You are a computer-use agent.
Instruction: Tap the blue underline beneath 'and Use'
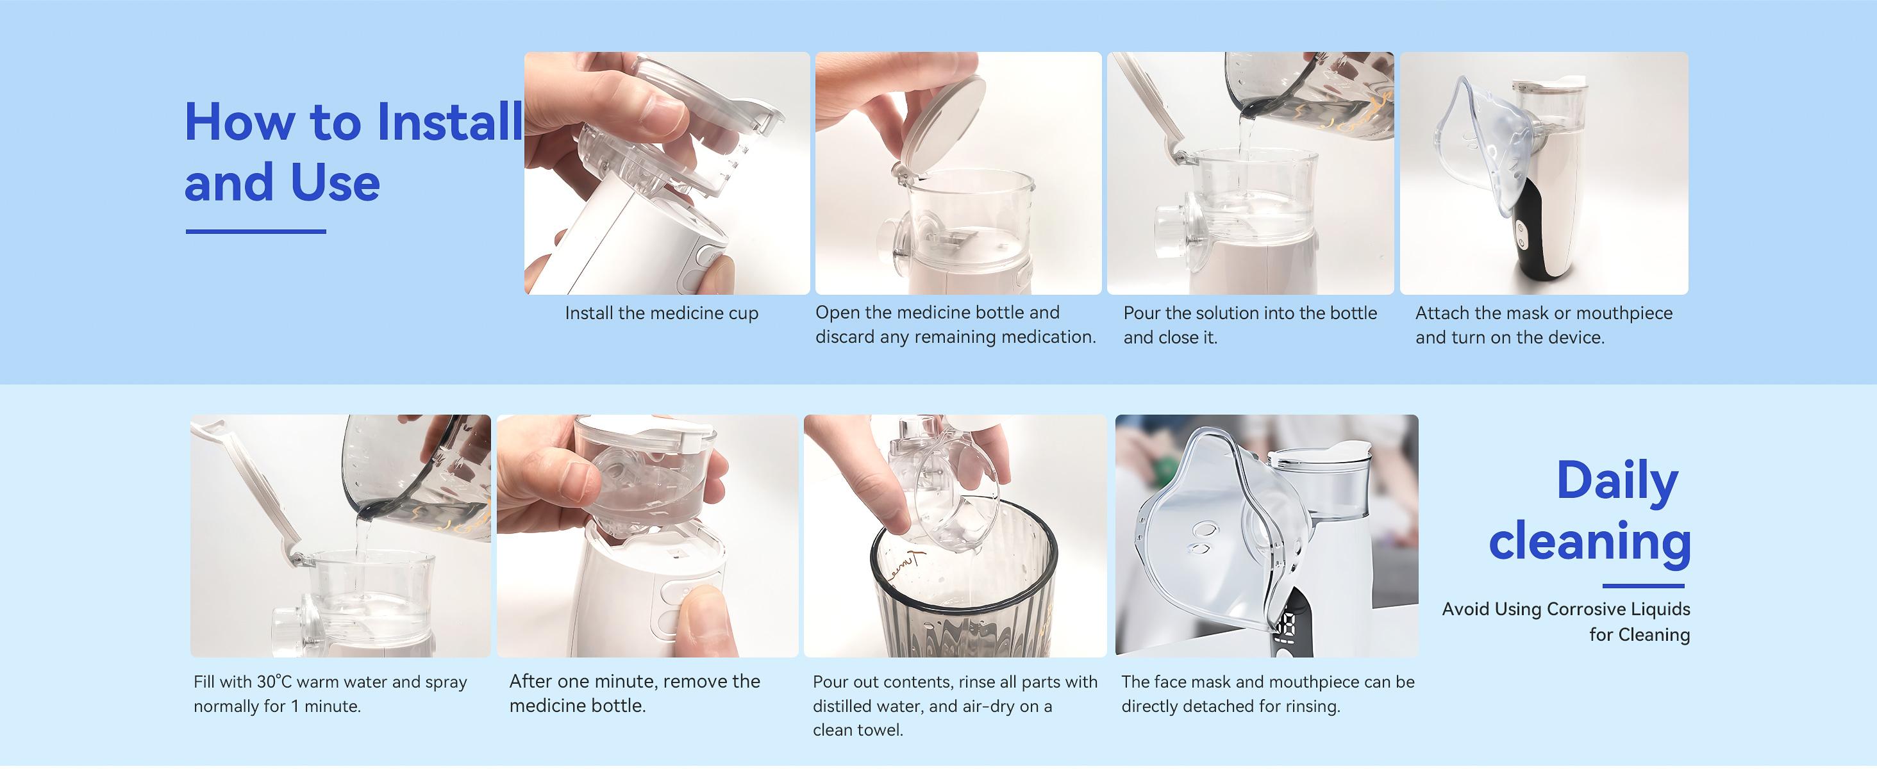(x=255, y=231)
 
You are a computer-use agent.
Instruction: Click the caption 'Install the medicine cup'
(x=661, y=314)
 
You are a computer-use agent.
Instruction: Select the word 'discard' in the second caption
(x=844, y=337)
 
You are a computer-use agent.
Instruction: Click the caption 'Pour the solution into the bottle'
(x=1249, y=314)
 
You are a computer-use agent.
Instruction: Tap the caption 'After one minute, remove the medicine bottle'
(x=634, y=693)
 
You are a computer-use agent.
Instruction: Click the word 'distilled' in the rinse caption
(x=844, y=706)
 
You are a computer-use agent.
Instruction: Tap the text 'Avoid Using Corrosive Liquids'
(x=1565, y=609)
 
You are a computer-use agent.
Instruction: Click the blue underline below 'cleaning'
(x=1642, y=586)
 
